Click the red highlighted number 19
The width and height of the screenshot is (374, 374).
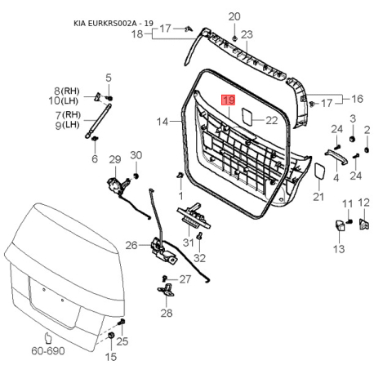pyautogui.click(x=229, y=100)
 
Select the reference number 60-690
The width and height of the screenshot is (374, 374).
pyautogui.click(x=48, y=352)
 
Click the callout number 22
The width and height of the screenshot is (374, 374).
pyautogui.click(x=271, y=121)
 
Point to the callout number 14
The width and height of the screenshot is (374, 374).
pyautogui.click(x=163, y=121)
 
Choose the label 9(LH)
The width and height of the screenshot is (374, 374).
pyautogui.click(x=68, y=125)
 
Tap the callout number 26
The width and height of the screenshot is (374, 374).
pyautogui.click(x=131, y=245)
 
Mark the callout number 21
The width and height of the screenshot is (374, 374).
pyautogui.click(x=318, y=197)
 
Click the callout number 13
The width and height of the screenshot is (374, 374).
pyautogui.click(x=338, y=248)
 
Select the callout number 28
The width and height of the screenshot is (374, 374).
pyautogui.click(x=167, y=314)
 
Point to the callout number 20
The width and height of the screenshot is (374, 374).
pyautogui.click(x=234, y=16)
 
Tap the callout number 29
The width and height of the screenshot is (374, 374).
pyautogui.click(x=114, y=158)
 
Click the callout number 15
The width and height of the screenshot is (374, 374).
pyautogui.click(x=110, y=357)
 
